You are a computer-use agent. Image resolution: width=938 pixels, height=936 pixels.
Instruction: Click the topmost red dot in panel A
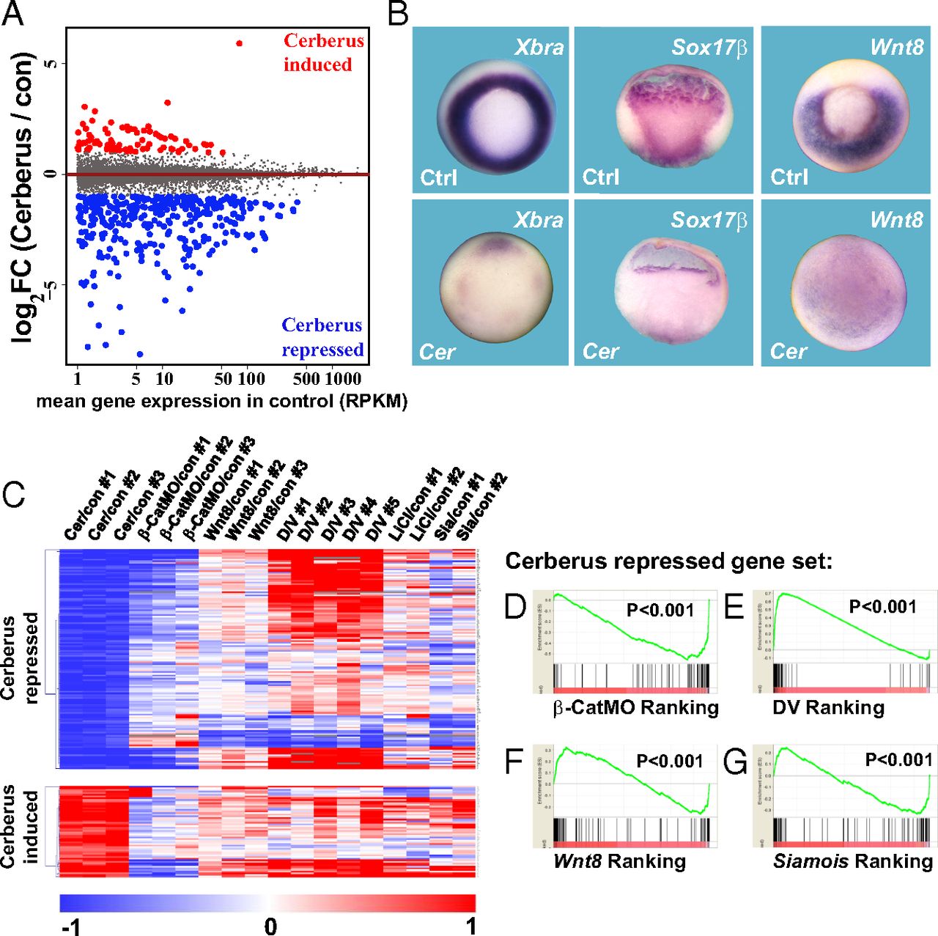[x=239, y=43]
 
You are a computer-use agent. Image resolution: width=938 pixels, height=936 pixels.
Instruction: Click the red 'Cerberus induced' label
[x=322, y=52]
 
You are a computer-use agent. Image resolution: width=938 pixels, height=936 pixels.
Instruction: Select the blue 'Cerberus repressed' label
[x=322, y=337]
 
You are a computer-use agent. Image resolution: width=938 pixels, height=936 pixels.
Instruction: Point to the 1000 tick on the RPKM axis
[x=343, y=379]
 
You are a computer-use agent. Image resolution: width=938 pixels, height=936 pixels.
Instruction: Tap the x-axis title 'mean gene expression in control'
[x=221, y=402]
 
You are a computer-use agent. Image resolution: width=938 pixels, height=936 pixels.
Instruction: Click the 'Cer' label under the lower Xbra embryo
[x=437, y=352]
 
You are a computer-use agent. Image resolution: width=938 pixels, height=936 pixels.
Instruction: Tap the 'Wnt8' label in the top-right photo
[x=896, y=48]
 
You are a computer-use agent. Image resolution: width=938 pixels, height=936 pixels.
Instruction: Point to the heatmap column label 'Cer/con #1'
[x=89, y=506]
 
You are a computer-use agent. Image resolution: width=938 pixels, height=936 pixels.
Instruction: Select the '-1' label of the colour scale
[x=71, y=926]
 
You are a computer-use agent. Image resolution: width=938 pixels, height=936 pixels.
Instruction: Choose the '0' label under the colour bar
[x=270, y=926]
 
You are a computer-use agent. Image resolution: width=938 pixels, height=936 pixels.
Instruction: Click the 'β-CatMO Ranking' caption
[x=635, y=707]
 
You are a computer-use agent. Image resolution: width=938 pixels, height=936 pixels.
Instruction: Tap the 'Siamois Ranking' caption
[x=853, y=861]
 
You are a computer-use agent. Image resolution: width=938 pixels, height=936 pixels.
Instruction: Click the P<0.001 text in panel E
[x=882, y=607]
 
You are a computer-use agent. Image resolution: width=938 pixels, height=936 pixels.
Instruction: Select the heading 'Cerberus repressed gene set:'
[x=668, y=561]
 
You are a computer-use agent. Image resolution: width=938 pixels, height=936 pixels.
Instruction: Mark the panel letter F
[x=514, y=762]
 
